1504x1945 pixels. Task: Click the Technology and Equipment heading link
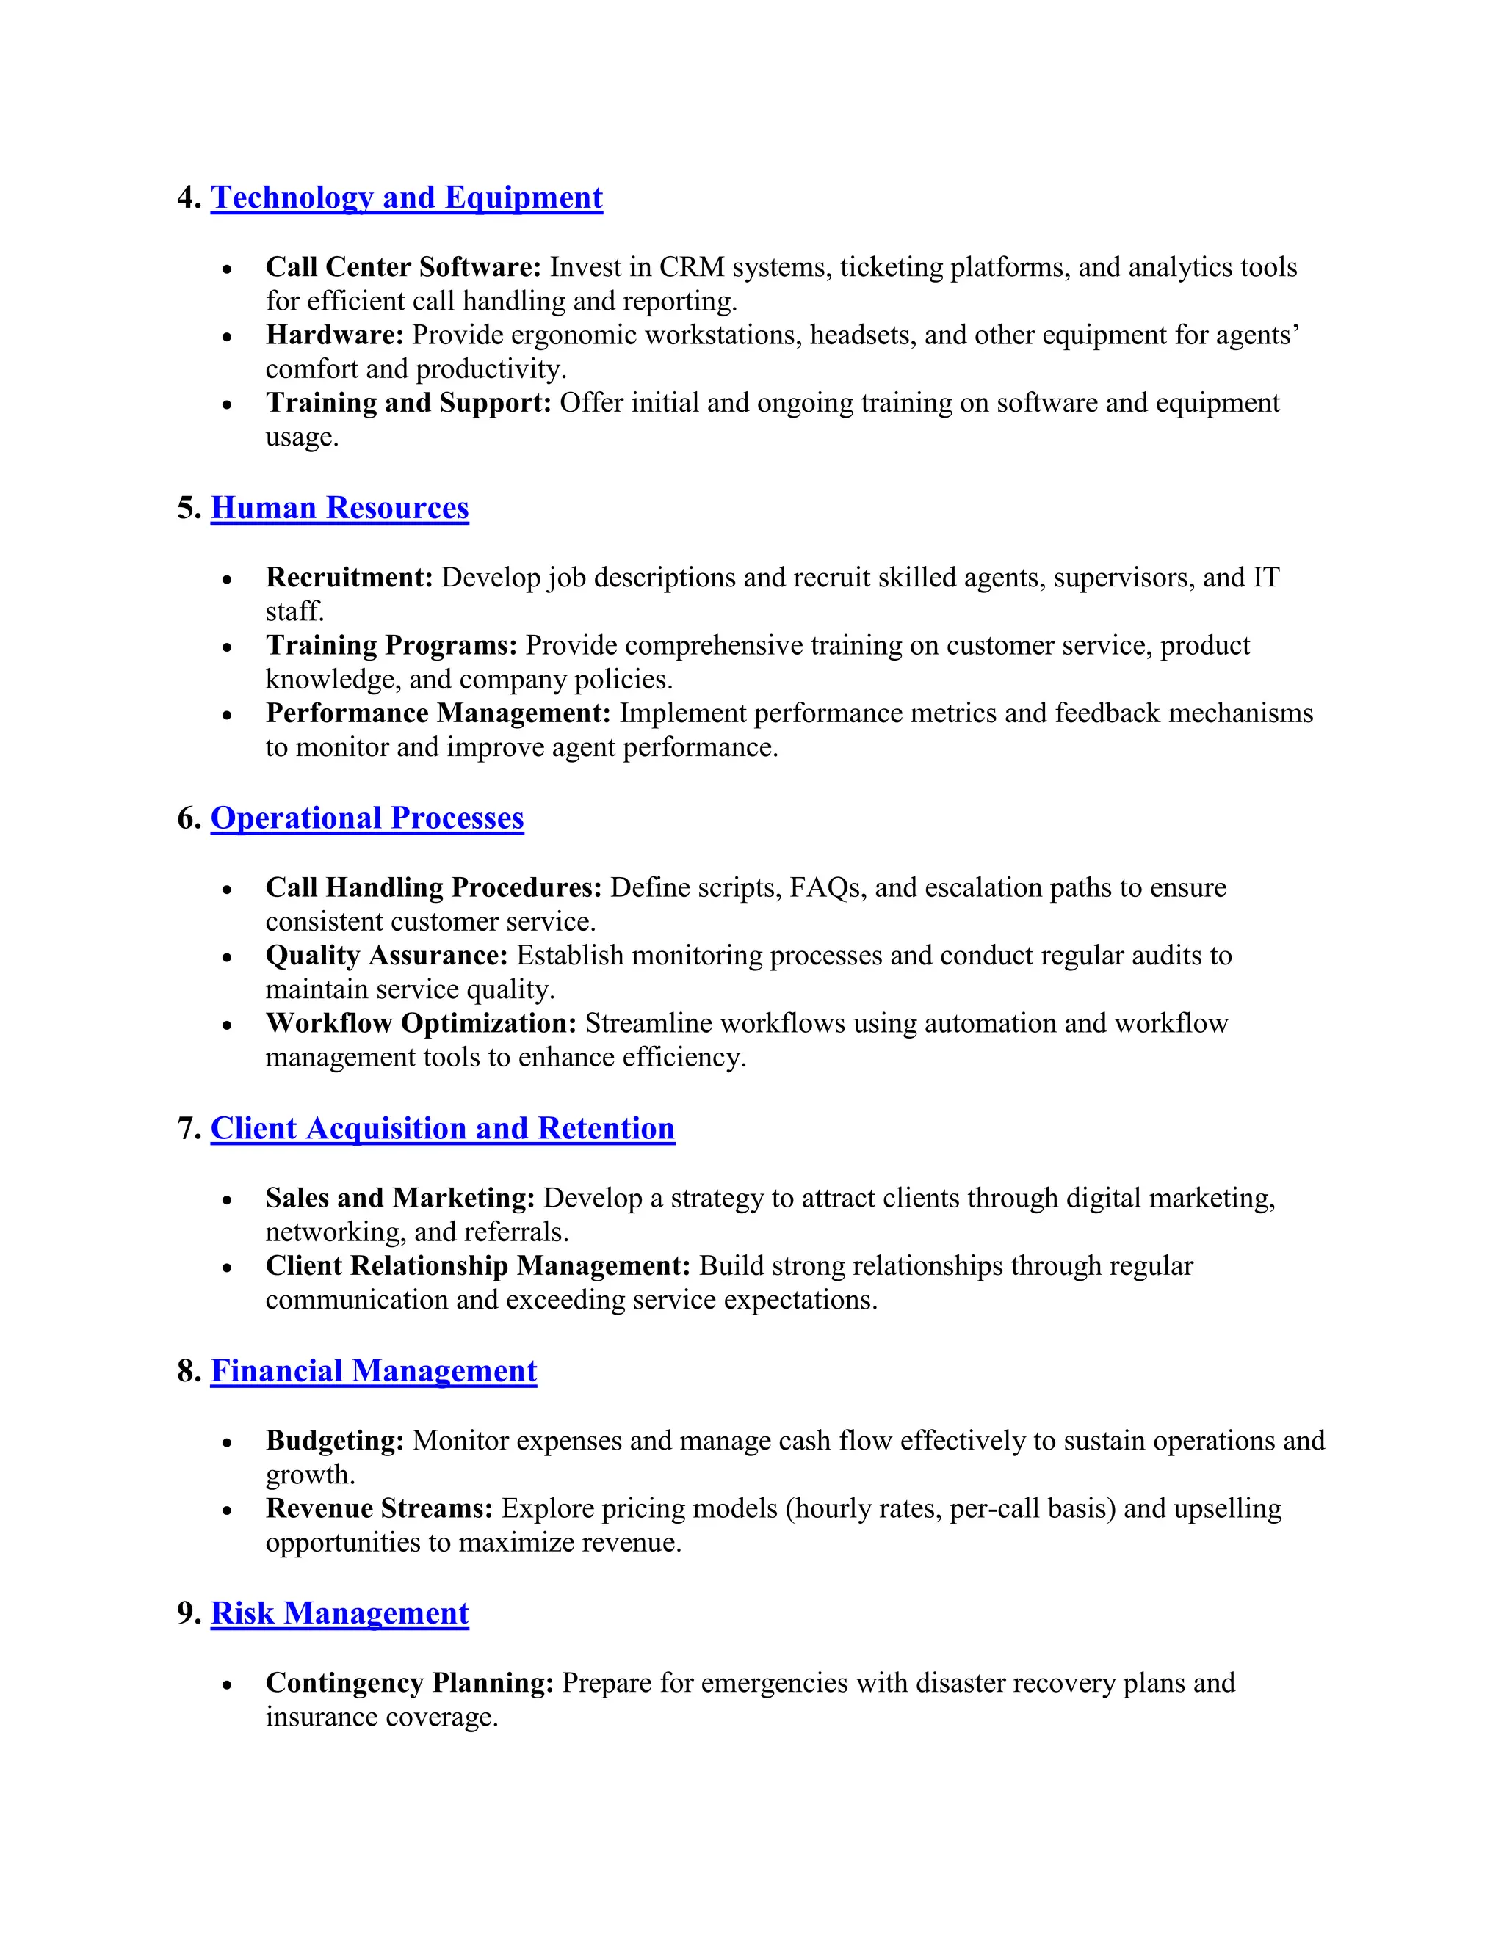click(406, 197)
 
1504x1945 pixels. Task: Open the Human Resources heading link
click(339, 508)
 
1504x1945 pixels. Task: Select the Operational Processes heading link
click(367, 818)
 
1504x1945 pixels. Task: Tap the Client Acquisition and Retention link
click(442, 1128)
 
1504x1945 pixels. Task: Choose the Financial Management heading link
click(373, 1370)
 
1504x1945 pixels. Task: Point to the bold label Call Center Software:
click(402, 267)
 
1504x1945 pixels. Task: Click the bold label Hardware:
click(334, 335)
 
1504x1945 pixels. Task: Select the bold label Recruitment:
click(348, 577)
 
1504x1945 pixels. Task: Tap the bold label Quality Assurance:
click(386, 955)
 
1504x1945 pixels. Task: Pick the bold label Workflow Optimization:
click(421, 1023)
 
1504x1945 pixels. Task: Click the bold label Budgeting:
click(334, 1440)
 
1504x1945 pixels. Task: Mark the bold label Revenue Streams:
click(379, 1508)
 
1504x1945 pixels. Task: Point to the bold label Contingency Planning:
click(409, 1682)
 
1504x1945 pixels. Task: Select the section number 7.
click(187, 1128)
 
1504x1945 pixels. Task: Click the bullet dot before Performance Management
click(227, 715)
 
